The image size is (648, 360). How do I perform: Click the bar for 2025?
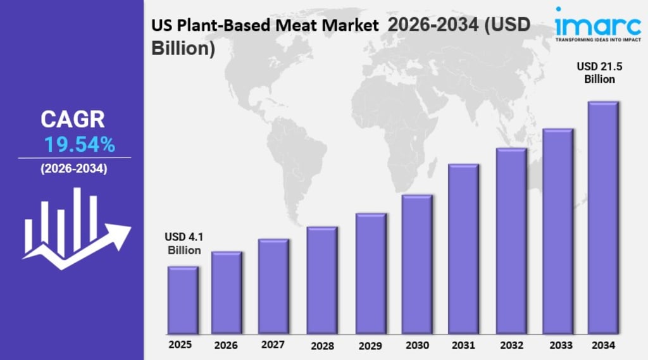183,300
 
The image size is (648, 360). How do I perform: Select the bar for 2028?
322,280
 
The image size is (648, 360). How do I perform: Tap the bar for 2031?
464,249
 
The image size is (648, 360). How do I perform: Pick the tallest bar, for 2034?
603,218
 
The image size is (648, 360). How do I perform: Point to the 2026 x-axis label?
226,345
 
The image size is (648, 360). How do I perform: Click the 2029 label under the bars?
370,345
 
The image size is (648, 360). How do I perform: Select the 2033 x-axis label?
561,345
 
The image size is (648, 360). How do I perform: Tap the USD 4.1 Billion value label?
184,244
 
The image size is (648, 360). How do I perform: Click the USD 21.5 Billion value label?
599,73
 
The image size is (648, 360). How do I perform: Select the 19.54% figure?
79,145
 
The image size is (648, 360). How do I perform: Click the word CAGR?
73,120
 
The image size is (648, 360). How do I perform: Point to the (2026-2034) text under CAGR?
74,169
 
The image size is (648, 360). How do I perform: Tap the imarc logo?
598,23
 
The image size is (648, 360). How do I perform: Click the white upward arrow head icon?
119,235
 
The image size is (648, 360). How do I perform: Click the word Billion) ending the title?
183,48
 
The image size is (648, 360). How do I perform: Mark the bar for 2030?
417,264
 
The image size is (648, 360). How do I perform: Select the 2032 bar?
511,241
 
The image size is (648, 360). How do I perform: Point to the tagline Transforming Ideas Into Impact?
598,40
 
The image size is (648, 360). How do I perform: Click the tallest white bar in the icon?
77,219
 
